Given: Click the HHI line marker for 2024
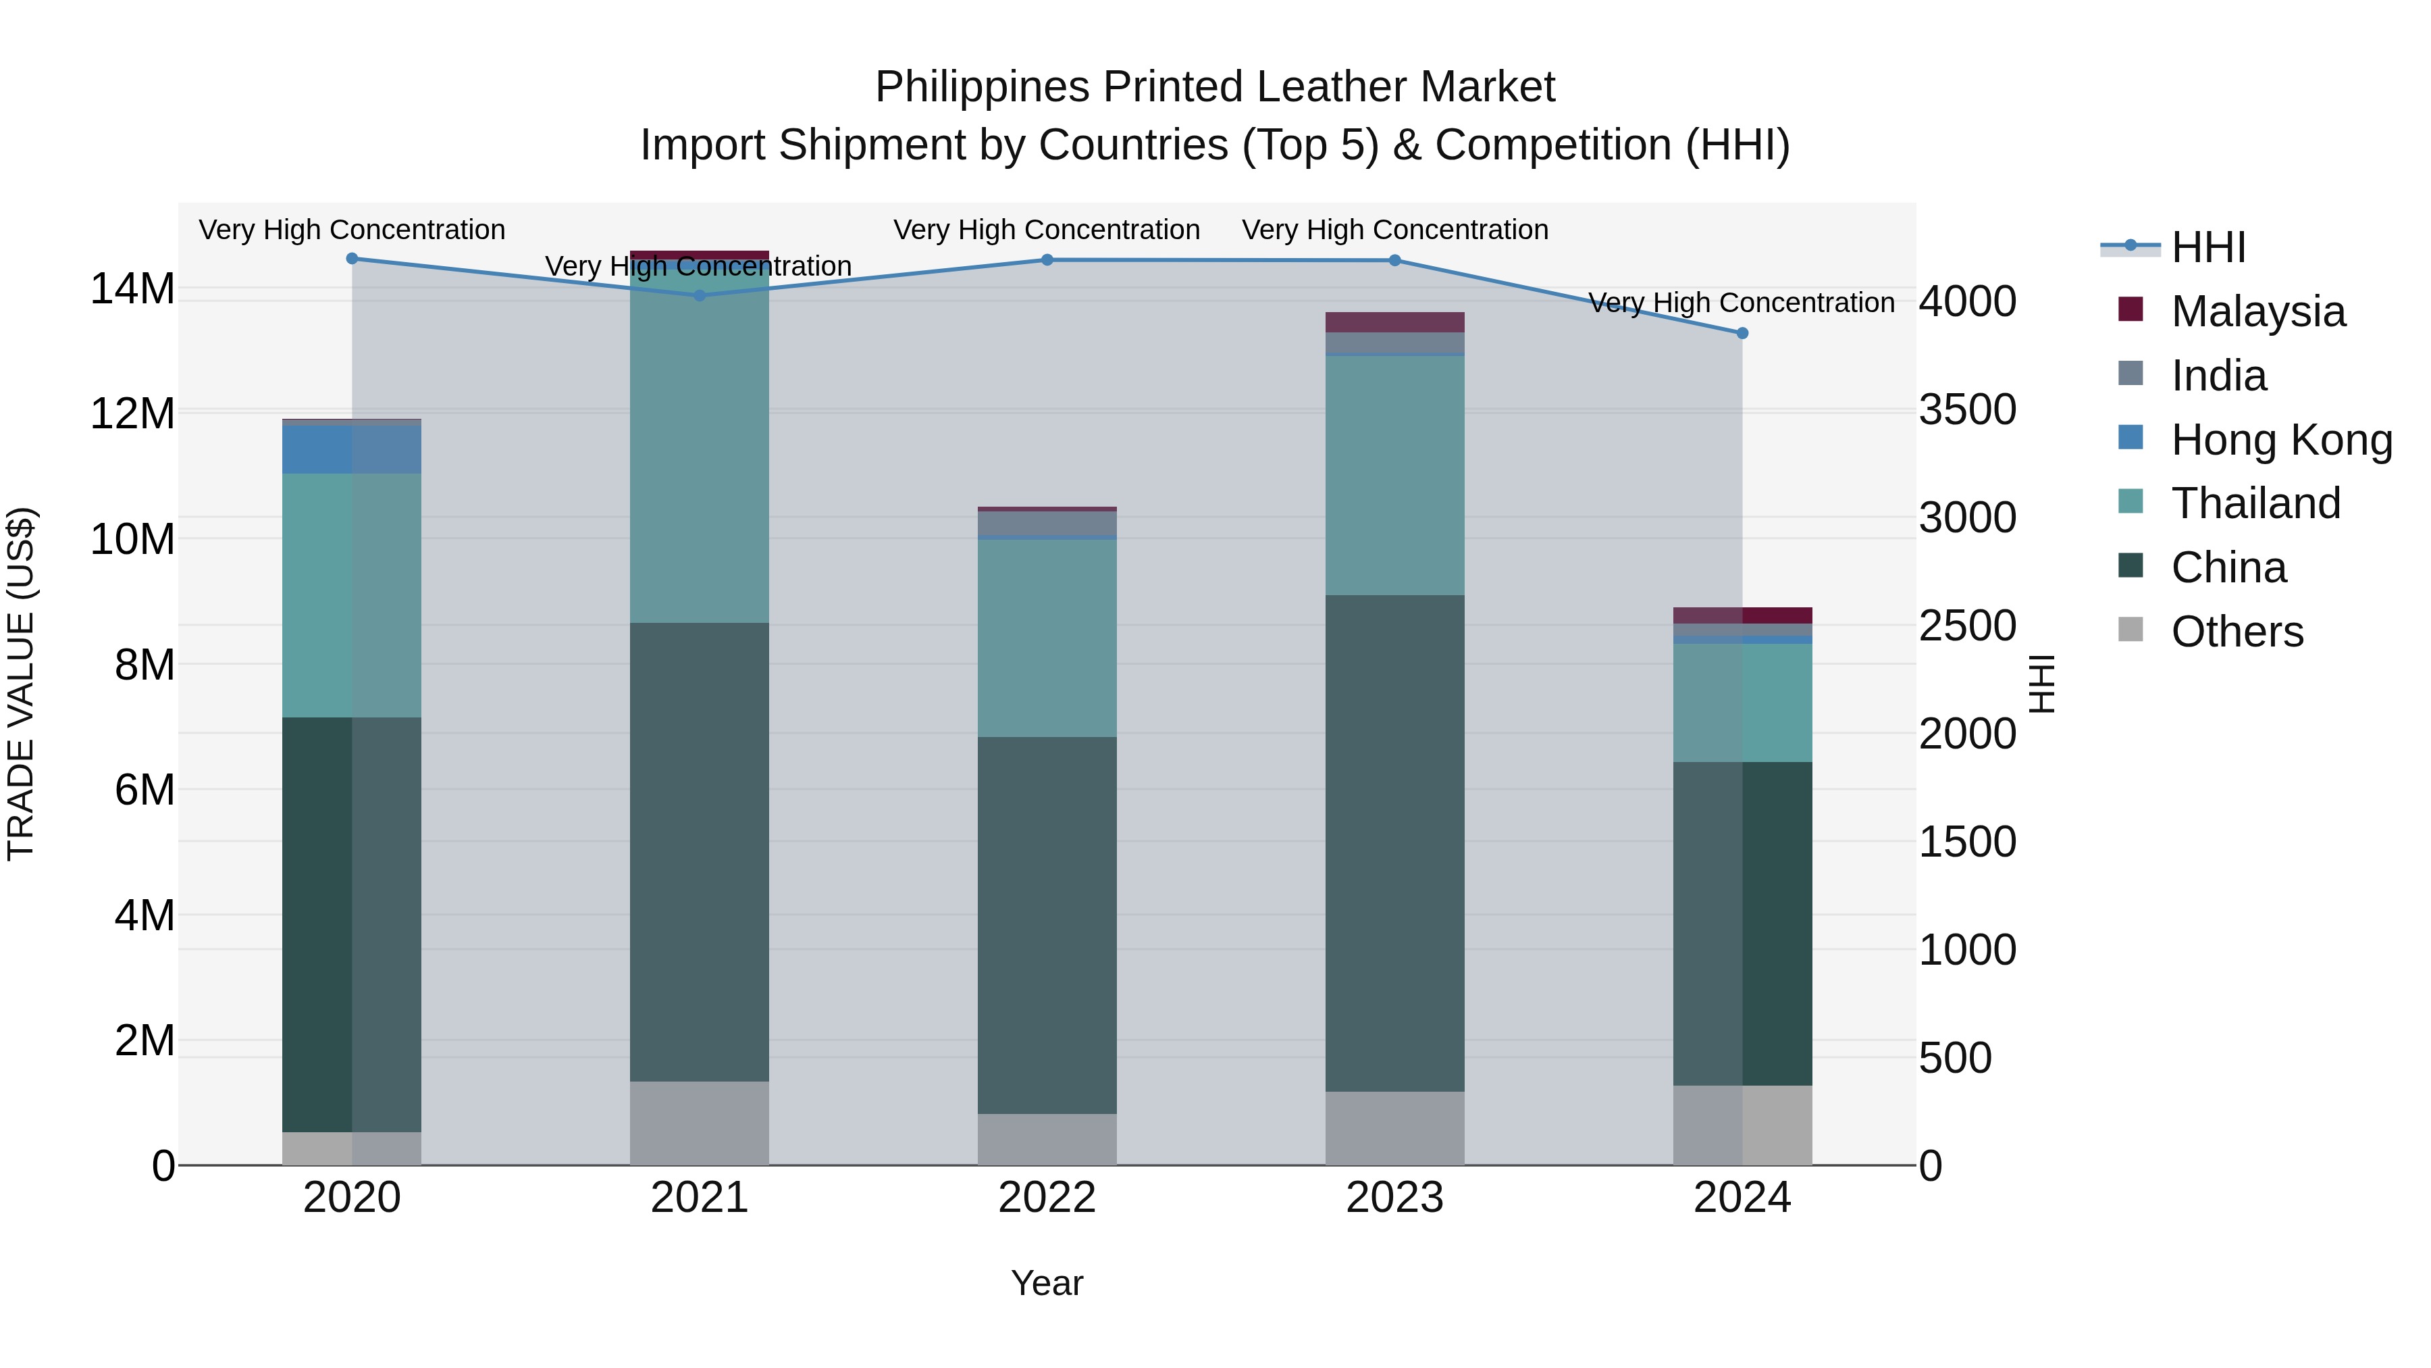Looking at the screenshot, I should pos(1742,333).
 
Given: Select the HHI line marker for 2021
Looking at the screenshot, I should pos(700,295).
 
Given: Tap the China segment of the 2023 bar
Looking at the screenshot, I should pos(1395,843).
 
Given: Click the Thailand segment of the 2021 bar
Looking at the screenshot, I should pos(700,444).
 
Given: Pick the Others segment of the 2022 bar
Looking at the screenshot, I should pos(1047,1140).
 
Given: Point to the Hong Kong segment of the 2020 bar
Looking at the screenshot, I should pos(351,449).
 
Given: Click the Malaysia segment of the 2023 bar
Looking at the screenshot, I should pos(1395,322).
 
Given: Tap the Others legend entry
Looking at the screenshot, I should pos(2236,632).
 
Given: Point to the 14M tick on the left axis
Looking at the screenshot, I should pos(132,289).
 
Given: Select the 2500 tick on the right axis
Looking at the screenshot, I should pos(1968,626).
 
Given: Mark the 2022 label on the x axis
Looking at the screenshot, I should pos(1047,1198).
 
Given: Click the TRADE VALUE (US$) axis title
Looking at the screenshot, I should pos(21,684).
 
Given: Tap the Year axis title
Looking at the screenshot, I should pos(1047,1283).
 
